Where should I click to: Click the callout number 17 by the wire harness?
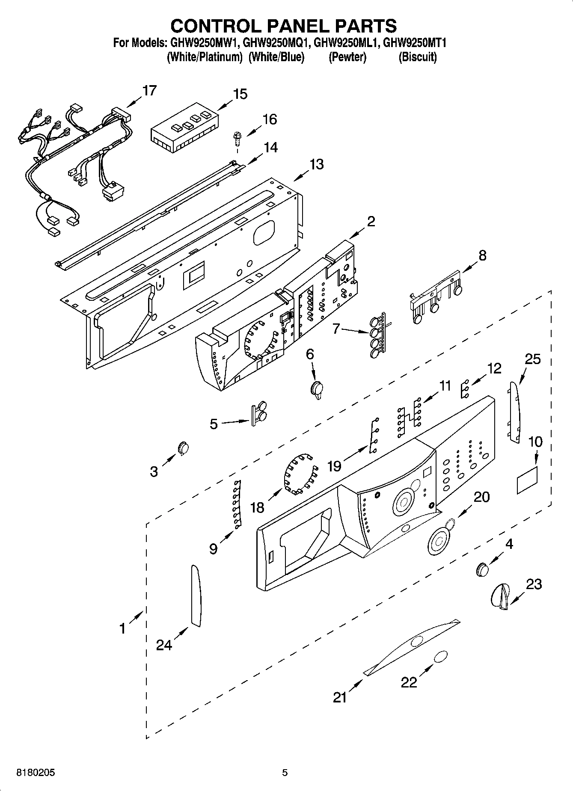pos(149,91)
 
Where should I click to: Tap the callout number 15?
pos(240,94)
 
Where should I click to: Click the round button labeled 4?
pos(482,569)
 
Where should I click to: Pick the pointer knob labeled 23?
pos(499,596)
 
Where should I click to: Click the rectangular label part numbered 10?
pos(527,480)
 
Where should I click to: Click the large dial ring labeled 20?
pos(439,542)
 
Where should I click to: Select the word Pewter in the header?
pos(347,57)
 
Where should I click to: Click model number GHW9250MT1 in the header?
pos(415,43)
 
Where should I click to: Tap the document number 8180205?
pos(36,773)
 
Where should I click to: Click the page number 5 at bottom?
pos(285,773)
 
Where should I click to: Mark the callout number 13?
pos(316,164)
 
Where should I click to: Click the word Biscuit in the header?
pos(417,57)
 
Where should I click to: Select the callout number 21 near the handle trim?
pos(340,697)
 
